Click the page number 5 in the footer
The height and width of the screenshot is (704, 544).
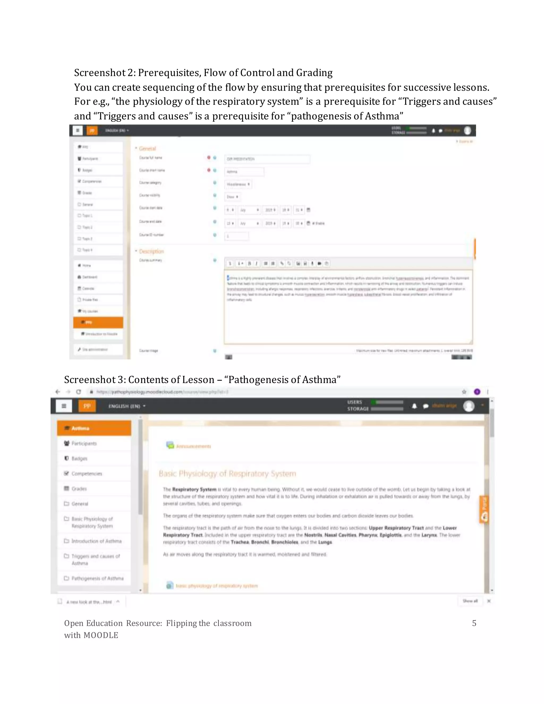[x=474, y=623]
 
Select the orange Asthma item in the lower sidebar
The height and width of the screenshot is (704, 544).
[x=94, y=428]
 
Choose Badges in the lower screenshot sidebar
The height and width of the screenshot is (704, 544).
[x=79, y=458]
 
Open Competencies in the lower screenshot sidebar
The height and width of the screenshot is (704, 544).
[x=86, y=473]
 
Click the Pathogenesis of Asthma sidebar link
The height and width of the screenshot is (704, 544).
[x=97, y=578]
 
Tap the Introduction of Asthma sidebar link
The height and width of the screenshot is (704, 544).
[x=96, y=541]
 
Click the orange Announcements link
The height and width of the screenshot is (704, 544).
[x=193, y=446]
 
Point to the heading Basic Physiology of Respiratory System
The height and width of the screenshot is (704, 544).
[x=227, y=473]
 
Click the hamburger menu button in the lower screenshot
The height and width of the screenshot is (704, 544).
[x=64, y=406]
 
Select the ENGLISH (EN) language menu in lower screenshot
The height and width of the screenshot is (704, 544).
[x=127, y=406]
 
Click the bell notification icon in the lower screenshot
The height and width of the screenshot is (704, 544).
[x=414, y=406]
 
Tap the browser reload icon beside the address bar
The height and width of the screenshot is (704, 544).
[x=78, y=392]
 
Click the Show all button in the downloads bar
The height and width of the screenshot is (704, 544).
[x=470, y=601]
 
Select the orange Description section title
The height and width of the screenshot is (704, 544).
[x=151, y=251]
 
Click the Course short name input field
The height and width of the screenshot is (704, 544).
[x=244, y=172]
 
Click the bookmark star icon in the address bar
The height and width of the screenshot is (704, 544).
[x=464, y=392]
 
